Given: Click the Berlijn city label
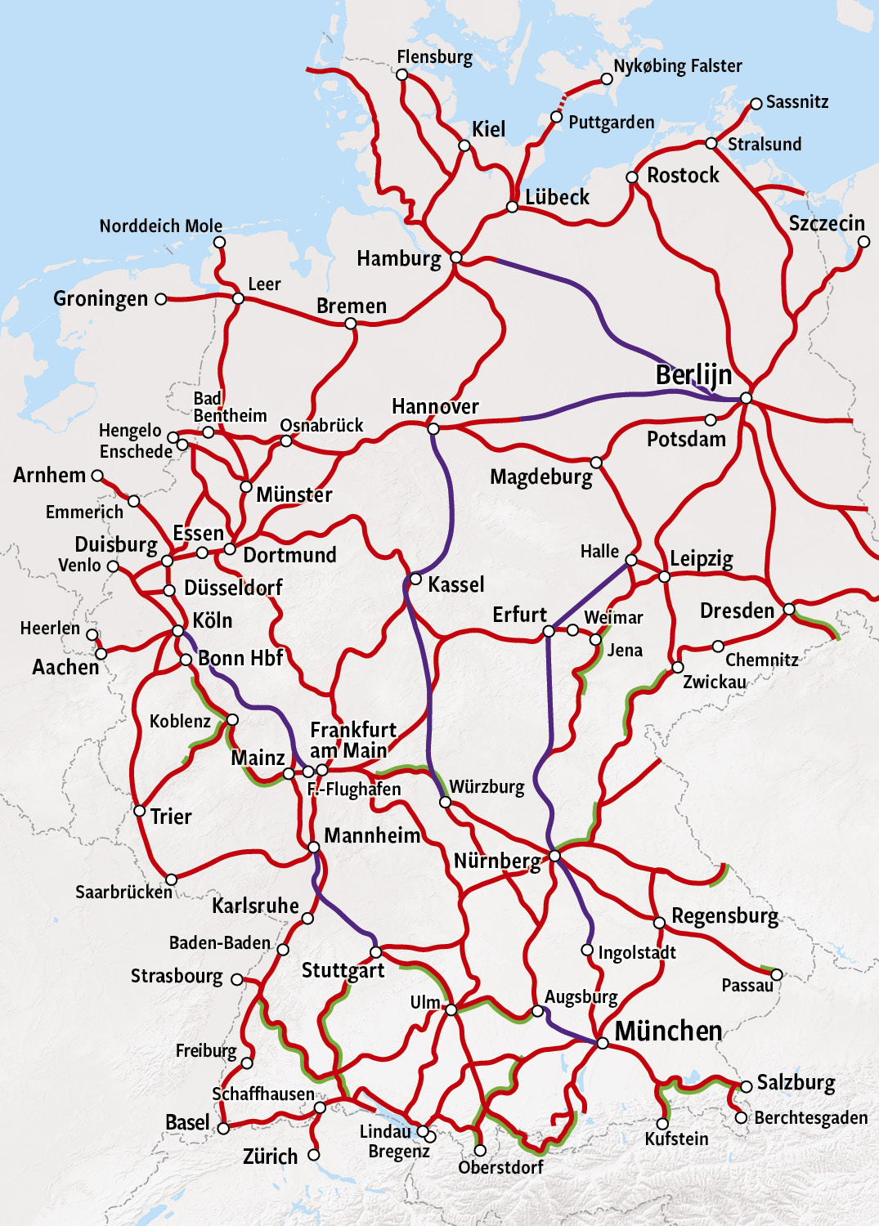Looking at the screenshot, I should coord(693,375).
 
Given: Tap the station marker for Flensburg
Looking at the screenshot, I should coord(402,74).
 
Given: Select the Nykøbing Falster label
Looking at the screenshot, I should coord(678,66).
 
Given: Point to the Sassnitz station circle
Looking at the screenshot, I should coord(756,104).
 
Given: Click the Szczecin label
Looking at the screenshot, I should coord(827,224).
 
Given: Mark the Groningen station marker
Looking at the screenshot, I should coord(161,299).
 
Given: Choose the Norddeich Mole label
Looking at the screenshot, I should coord(161,226).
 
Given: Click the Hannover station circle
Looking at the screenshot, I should coord(433,429).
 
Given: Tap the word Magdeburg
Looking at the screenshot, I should coord(540,477).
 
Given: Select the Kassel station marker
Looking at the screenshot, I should coord(415,579).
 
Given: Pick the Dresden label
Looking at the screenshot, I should coord(737,611).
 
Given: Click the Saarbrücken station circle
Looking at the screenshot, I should coord(171,879).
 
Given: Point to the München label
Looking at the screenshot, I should coord(668,1031).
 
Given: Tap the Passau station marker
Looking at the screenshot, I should coord(777,974).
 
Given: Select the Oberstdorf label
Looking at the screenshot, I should coord(500,1167).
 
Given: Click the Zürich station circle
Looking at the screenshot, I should coord(314,1155).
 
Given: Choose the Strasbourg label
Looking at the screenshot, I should coord(177,977).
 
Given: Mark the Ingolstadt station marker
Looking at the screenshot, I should coord(587,950).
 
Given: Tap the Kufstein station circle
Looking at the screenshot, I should coord(662,1124).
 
